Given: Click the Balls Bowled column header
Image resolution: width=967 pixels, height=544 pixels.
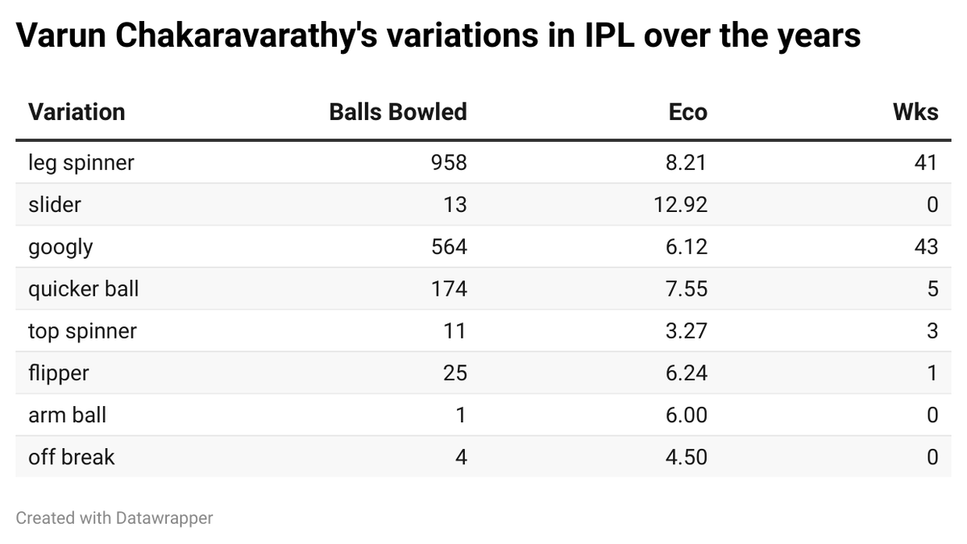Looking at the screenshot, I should [x=397, y=112].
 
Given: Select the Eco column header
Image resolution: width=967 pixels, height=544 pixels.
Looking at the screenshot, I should [x=687, y=112].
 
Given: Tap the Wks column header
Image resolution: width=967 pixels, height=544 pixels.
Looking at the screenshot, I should [x=915, y=112].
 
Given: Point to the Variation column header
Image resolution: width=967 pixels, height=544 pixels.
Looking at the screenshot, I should [x=77, y=112].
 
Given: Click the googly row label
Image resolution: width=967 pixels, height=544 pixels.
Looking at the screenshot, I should [x=60, y=247].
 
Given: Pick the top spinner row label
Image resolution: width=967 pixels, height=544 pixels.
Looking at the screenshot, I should [x=82, y=330].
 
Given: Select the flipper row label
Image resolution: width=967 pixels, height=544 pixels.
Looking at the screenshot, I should [x=58, y=372].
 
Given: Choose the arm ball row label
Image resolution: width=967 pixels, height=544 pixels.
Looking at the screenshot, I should [x=67, y=415].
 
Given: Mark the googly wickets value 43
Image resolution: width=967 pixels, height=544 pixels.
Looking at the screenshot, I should [x=926, y=247].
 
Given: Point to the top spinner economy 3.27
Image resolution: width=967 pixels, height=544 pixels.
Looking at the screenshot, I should [x=687, y=330].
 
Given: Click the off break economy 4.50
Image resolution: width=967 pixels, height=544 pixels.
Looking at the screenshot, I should [x=687, y=457].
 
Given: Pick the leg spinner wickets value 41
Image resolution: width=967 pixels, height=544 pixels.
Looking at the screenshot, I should [x=926, y=163].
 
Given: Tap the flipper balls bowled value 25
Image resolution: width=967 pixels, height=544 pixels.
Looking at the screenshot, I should [x=454, y=372].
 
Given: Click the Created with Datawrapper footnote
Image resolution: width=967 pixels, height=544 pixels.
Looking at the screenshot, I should [x=114, y=518].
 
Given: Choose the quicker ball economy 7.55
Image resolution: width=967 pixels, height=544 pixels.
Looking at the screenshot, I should [x=687, y=289].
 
